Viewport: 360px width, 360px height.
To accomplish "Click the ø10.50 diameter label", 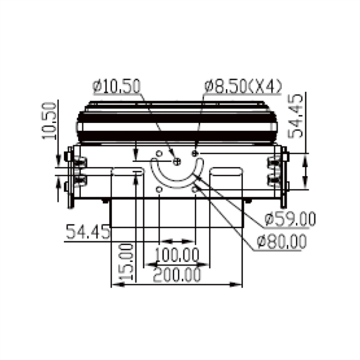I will (x=116, y=86).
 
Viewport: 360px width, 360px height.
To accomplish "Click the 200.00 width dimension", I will (x=177, y=275).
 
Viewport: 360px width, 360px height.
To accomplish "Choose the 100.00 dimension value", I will (x=177, y=255).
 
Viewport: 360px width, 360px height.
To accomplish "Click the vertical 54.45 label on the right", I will (x=297, y=116).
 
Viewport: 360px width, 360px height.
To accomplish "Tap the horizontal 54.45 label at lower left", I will (x=88, y=232).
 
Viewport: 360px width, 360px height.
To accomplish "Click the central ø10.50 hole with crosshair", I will (x=176, y=162).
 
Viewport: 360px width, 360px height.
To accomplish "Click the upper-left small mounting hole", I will (x=159, y=154).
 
